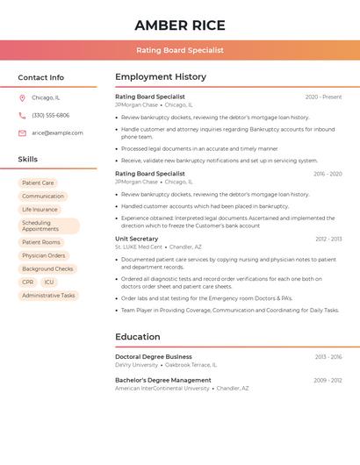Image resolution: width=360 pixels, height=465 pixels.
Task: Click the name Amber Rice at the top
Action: [180, 25]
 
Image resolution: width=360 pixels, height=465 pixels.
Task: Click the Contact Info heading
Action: [41, 77]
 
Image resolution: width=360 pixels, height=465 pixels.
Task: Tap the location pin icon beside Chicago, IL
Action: [22, 97]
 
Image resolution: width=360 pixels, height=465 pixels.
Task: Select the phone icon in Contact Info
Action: [22, 115]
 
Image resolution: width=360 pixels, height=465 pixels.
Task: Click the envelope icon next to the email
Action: [22, 132]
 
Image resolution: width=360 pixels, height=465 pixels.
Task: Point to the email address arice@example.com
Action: [57, 132]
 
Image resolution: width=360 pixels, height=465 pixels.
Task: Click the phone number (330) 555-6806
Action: [50, 115]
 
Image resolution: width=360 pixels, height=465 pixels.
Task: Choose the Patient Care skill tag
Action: [38, 182]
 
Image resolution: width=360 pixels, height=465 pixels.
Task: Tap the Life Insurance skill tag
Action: [40, 210]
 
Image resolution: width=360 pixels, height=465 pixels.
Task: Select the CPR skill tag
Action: [28, 283]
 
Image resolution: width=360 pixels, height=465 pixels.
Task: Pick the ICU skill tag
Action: [49, 283]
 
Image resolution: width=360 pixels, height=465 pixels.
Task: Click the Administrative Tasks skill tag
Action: [48, 296]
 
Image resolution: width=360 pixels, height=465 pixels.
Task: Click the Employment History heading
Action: [161, 76]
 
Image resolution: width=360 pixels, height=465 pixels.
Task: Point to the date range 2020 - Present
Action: [323, 97]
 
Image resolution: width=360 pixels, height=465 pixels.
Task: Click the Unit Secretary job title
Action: [136, 239]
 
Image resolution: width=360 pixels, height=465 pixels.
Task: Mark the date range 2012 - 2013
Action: [328, 239]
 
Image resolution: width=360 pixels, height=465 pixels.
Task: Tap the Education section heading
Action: [138, 336]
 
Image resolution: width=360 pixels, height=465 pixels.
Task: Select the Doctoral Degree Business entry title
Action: [153, 357]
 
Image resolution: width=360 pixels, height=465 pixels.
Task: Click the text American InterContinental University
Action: [162, 388]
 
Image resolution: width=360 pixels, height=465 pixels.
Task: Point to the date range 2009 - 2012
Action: [328, 380]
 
